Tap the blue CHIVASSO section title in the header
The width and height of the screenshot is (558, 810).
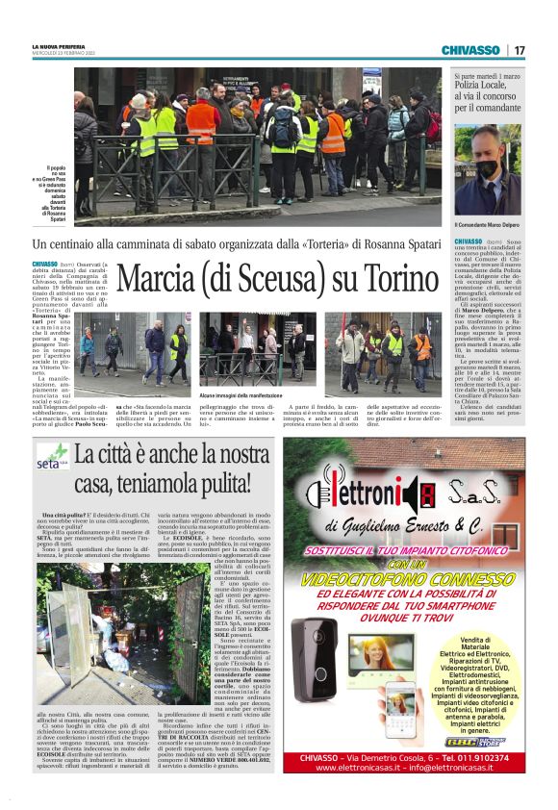[470, 50]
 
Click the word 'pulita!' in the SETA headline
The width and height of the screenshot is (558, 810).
[219, 481]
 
